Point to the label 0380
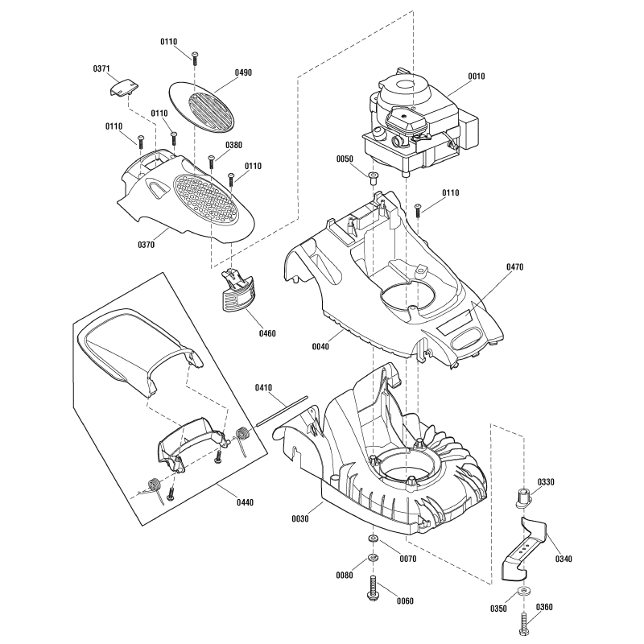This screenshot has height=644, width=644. click(x=233, y=145)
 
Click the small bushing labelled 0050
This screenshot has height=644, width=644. click(x=374, y=176)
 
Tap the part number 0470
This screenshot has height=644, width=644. click(x=515, y=266)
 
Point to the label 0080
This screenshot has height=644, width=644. click(x=345, y=576)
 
